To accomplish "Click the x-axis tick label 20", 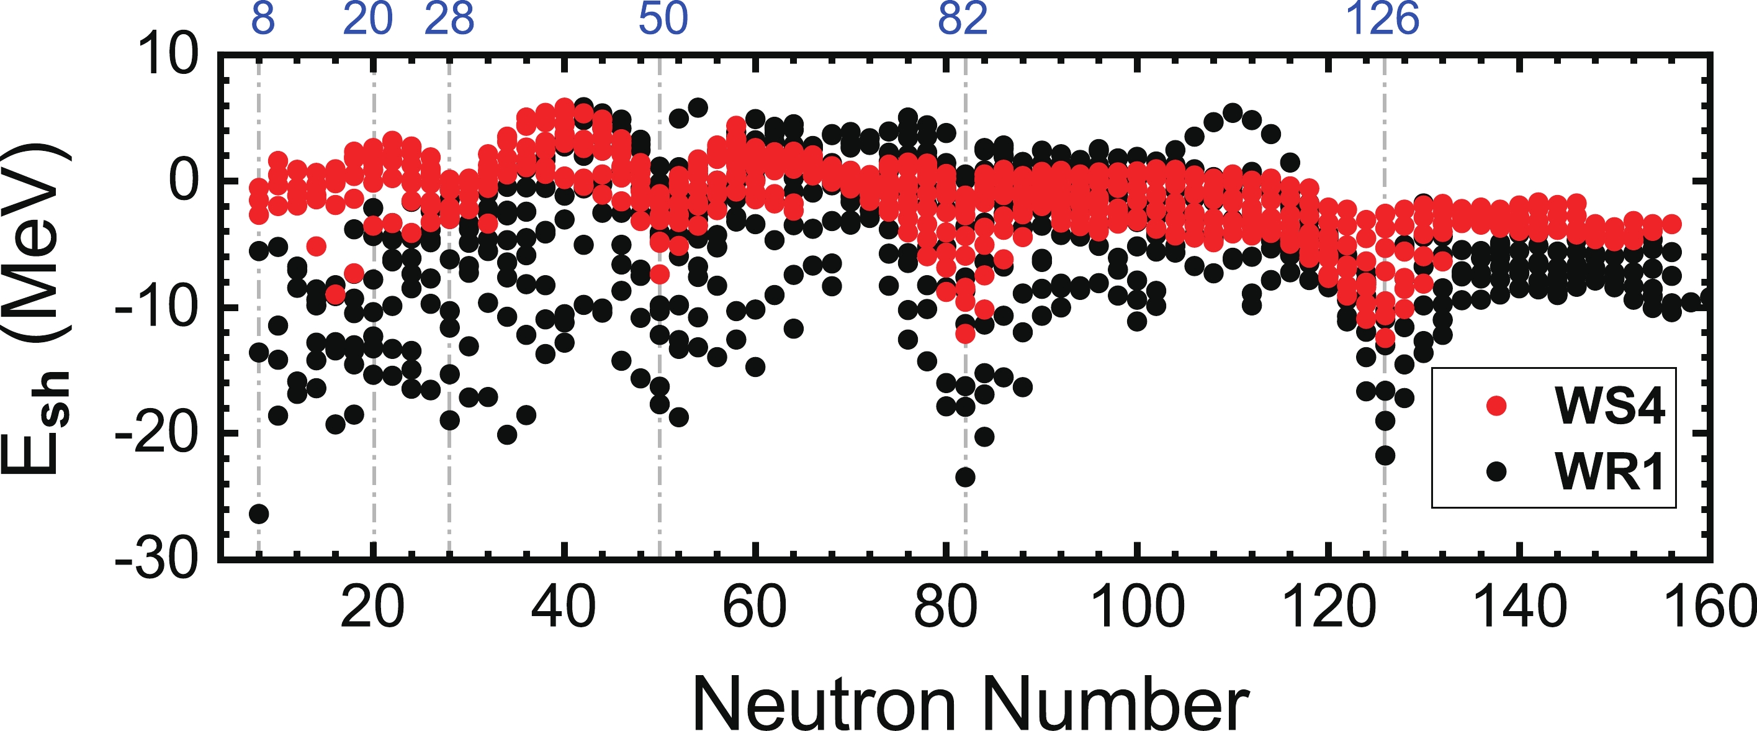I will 372,607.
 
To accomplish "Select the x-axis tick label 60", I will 754,607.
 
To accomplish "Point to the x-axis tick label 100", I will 1137,607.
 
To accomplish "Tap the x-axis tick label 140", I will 1521,607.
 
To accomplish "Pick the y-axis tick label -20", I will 157,434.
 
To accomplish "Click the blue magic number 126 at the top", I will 1383,19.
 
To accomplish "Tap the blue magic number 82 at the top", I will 963,19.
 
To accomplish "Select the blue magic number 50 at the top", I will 663,19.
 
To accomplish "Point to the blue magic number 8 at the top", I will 263,19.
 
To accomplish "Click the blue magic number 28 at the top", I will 449,19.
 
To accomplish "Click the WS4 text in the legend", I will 1610,406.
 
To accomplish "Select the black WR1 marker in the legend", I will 1496,471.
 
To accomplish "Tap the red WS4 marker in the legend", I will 1496,406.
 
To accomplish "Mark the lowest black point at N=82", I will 965,477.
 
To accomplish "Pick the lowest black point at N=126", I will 1385,455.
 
